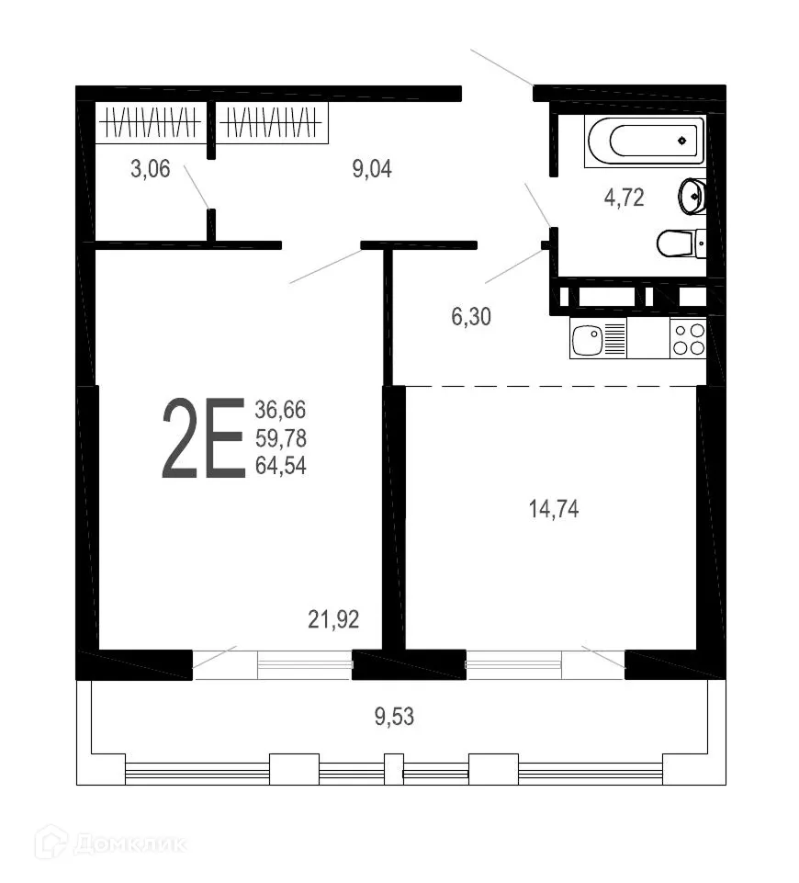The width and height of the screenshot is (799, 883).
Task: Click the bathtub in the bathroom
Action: pos(644,141)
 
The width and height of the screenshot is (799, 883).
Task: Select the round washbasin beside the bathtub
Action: pos(692,195)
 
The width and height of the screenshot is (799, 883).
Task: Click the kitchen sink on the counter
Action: pos(586,339)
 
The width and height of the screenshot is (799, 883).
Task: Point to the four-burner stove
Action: pos(688,339)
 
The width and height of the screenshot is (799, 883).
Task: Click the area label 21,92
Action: pos(332,621)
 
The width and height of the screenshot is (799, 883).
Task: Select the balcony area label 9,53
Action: pos(394,716)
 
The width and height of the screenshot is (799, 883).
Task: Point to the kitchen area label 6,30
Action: pos(471,318)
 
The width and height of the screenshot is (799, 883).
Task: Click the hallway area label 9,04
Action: pos(373,169)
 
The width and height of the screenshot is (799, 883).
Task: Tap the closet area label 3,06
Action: pos(150,169)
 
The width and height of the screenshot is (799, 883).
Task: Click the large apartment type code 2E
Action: pos(203,438)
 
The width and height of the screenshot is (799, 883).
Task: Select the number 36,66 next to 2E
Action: pos(281,410)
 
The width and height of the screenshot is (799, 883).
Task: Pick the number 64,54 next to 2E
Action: pos(281,467)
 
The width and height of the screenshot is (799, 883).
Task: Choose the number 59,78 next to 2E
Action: pos(281,438)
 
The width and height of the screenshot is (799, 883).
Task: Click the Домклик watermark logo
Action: pos(109,842)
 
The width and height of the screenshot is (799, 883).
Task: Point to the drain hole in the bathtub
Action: pos(681,141)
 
